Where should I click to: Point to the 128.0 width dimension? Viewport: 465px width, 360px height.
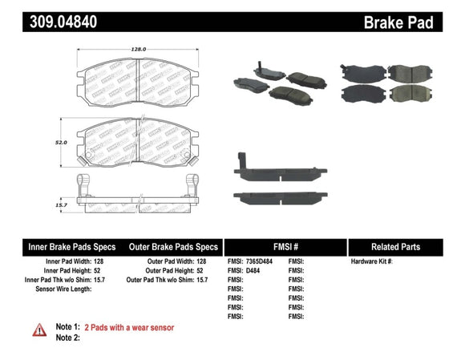[139, 50]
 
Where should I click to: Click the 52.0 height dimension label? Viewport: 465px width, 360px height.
[59, 142]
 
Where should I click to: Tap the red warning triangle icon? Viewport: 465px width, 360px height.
[38, 330]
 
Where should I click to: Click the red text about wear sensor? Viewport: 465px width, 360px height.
[129, 327]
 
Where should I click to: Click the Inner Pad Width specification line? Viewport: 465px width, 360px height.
[71, 261]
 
